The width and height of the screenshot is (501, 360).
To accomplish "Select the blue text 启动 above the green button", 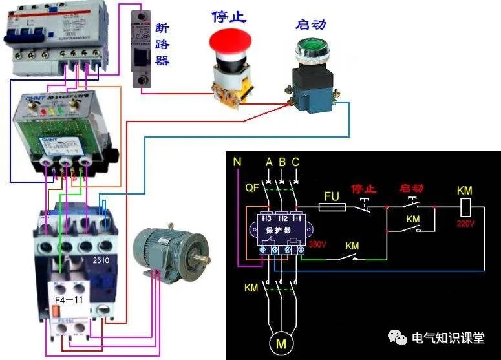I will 310,24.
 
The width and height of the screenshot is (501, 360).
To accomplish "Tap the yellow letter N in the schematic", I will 238,162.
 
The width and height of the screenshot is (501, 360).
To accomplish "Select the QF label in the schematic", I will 253,190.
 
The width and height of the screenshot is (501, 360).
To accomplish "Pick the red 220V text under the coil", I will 465,223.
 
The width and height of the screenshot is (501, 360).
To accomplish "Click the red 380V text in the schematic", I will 318,245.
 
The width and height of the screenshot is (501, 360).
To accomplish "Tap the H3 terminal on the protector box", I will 265,218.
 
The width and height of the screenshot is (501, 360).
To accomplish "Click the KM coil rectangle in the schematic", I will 465,207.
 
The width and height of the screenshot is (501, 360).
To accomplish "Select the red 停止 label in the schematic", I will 364,189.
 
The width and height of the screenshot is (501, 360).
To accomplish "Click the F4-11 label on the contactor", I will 69,300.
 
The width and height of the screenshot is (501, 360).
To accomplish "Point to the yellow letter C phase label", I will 295,162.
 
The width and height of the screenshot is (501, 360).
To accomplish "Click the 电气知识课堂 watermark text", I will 447,337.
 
